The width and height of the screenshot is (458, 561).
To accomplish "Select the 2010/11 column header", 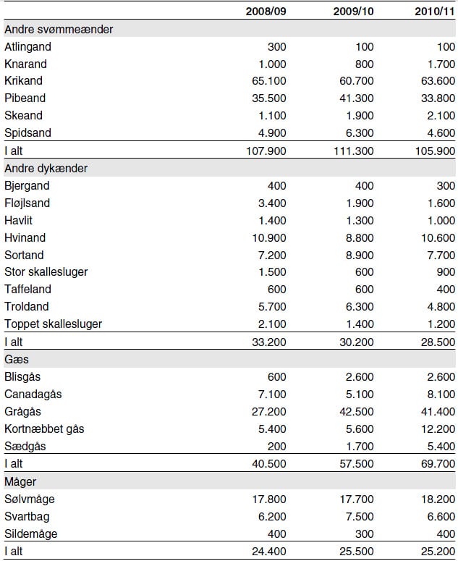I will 435,11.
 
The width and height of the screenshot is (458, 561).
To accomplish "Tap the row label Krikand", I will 23,80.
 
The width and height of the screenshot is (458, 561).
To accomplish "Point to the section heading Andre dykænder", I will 46,168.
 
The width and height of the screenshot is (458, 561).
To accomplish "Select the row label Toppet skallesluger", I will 53,324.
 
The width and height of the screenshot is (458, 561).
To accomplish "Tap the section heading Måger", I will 20,481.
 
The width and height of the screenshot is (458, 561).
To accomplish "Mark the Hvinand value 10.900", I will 269,237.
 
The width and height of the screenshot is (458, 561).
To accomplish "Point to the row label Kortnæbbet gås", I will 44,429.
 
